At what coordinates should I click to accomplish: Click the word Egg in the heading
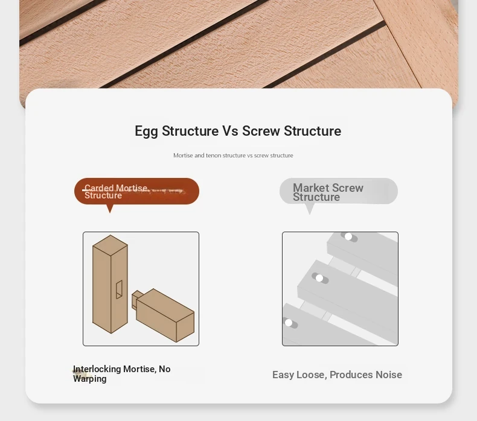click(x=146, y=131)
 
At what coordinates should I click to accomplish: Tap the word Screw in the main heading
click(x=261, y=131)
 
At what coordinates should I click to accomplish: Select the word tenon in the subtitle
click(x=213, y=156)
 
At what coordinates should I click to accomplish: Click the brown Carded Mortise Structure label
click(x=136, y=191)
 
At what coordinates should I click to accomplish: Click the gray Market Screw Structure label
click(x=339, y=191)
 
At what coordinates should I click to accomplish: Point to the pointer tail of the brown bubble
click(x=110, y=209)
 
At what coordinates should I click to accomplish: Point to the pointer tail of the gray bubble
click(x=310, y=209)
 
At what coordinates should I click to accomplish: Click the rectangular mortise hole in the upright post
click(x=119, y=290)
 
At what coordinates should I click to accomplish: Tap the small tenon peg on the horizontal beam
click(x=136, y=299)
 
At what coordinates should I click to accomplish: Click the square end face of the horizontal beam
click(x=185, y=327)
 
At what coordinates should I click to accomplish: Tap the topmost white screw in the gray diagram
click(x=348, y=236)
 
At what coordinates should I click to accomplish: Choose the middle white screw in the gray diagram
click(x=319, y=278)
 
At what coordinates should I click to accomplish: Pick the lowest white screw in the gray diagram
click(x=289, y=323)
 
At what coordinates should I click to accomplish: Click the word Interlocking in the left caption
click(x=97, y=369)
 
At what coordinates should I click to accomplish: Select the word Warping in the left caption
click(x=90, y=379)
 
